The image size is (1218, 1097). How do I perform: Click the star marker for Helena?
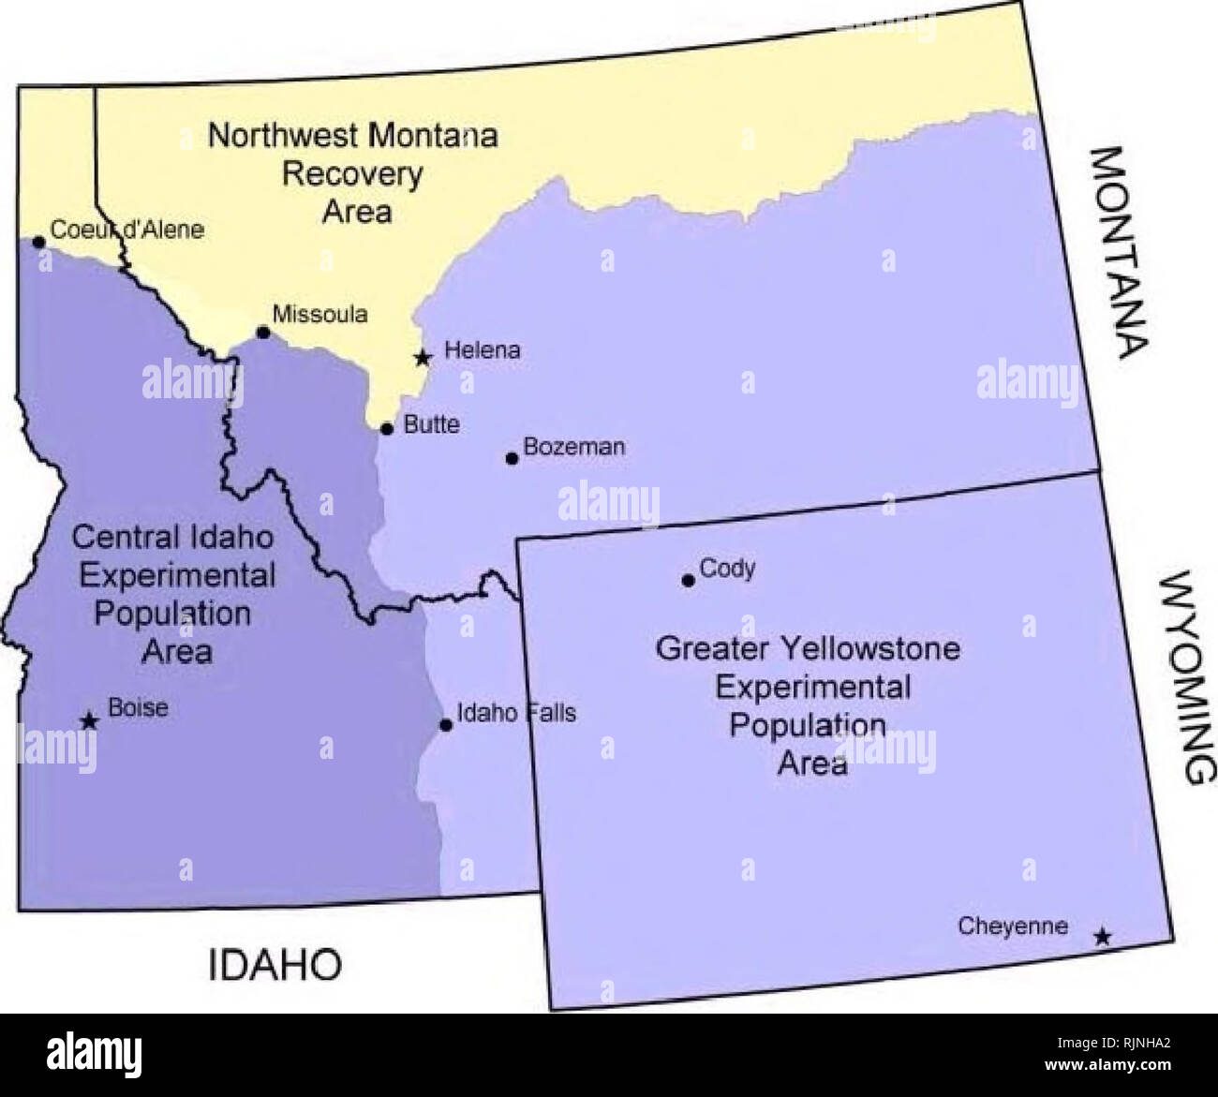[423, 357]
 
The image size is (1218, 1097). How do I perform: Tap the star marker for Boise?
[89, 720]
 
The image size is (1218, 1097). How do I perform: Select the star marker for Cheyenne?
[1103, 936]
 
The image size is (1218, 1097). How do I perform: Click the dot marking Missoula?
[263, 333]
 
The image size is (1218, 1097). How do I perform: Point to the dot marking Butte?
[386, 429]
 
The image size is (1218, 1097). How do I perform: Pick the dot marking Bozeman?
[512, 458]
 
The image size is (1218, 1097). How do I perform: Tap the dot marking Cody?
[688, 581]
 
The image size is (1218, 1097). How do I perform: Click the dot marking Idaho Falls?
[446, 724]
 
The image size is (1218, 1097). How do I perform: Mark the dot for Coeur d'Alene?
[38, 242]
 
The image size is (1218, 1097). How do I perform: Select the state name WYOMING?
[1187, 676]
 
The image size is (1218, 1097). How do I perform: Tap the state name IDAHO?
[275, 964]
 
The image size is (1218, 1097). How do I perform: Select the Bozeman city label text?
[573, 447]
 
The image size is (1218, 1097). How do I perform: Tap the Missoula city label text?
[319, 314]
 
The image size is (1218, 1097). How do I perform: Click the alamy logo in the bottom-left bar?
[94, 1054]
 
